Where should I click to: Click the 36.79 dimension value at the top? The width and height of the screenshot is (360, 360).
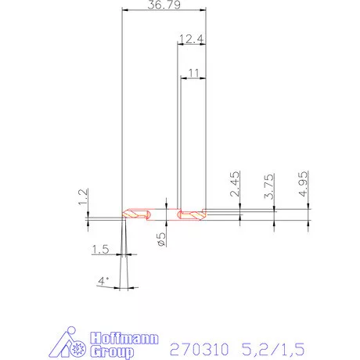point(164,6)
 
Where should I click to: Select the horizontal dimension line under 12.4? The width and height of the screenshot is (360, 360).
point(192,45)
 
